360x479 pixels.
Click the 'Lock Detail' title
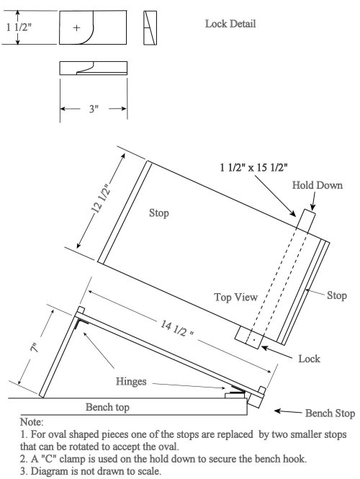[230, 24]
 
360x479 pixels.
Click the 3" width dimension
[92, 109]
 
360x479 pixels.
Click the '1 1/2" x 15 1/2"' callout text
[253, 167]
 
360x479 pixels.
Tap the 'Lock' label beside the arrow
[309, 358]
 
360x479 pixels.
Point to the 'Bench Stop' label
[330, 413]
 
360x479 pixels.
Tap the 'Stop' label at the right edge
[337, 295]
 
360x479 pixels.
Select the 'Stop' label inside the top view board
[159, 213]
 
